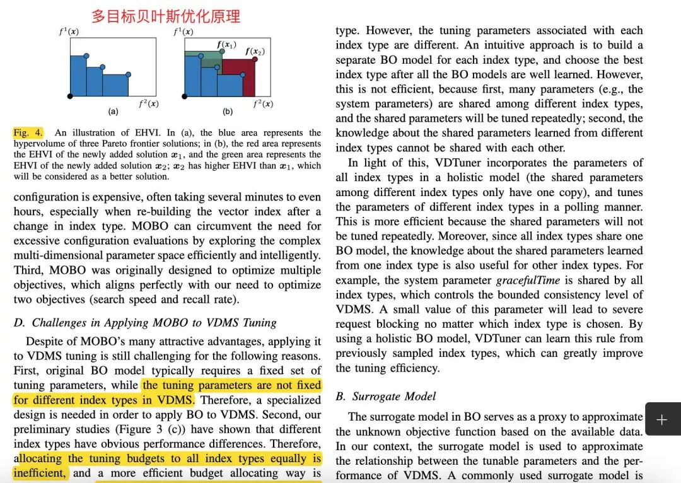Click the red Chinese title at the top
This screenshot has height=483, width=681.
166,15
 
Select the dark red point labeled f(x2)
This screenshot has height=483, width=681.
255,59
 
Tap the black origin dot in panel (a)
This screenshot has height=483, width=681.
70,96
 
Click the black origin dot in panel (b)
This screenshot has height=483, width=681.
185,96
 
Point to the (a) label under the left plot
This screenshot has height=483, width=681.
113,112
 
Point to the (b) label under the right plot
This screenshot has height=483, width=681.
227,112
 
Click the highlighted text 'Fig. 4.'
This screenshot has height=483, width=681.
28,132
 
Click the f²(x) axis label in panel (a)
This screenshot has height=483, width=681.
149,103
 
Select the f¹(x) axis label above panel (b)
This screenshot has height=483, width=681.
183,32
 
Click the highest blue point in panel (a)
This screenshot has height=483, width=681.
86,56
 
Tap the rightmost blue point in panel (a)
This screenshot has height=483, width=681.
129,74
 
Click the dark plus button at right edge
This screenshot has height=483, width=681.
661,419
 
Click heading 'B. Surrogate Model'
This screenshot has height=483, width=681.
386,396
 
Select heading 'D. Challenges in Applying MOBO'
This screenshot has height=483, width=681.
145,322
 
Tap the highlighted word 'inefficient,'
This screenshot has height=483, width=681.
40,473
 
